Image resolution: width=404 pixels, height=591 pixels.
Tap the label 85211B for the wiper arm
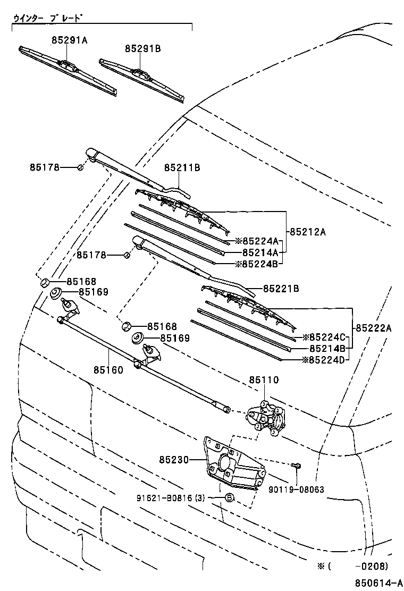tap(182, 168)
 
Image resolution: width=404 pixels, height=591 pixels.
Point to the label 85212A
tap(308, 232)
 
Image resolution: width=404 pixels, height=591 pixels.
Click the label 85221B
tap(281, 289)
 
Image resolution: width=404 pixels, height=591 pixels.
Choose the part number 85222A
tap(374, 328)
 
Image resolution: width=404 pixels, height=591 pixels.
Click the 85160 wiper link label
tap(108, 369)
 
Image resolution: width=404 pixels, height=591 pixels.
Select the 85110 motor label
tap(264, 379)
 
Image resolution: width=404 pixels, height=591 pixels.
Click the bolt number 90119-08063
tap(297, 489)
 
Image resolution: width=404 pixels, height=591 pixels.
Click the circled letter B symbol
tap(229, 498)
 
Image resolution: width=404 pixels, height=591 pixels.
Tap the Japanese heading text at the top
tap(48, 19)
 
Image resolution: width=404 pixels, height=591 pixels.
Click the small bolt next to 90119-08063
tap(297, 466)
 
